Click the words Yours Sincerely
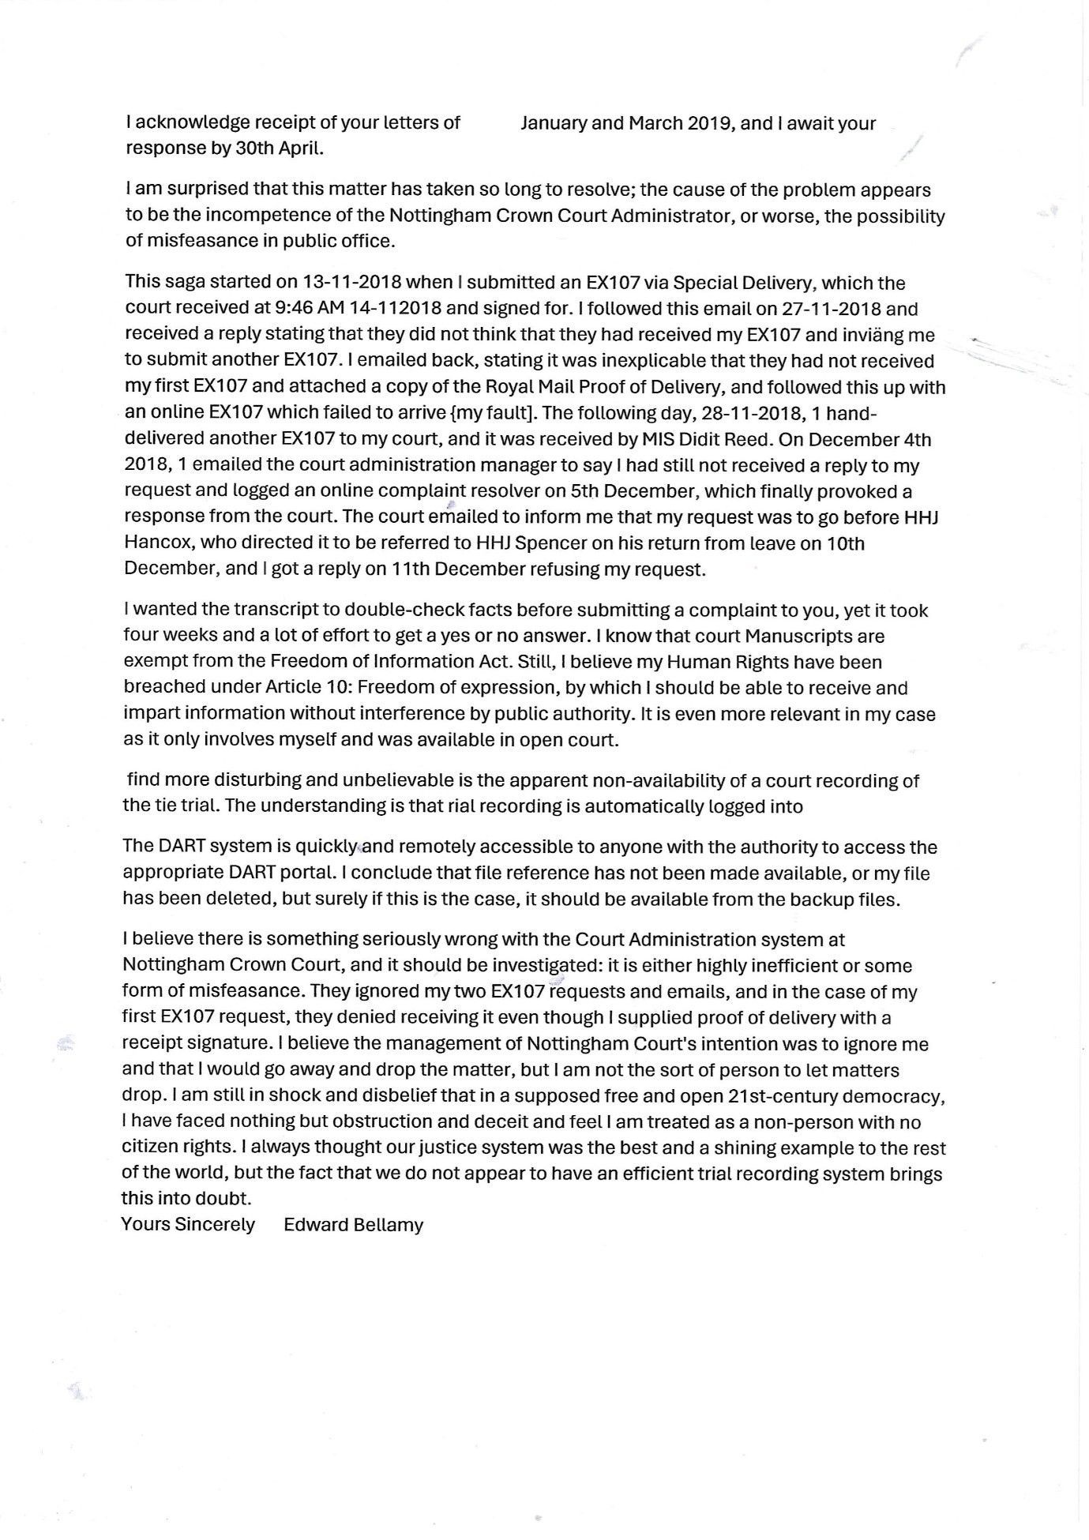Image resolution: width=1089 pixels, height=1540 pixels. point(188,1225)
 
